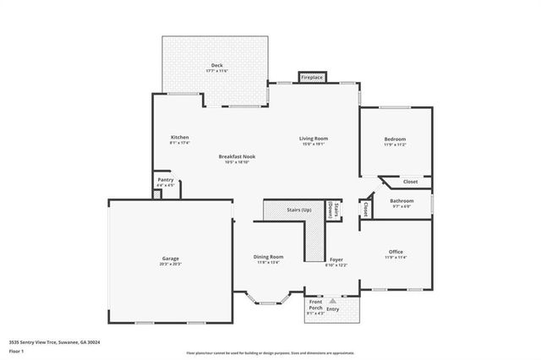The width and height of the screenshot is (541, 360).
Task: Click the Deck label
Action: pyautogui.click(x=217, y=65)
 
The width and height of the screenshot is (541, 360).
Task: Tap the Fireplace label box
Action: pyautogui.click(x=312, y=78)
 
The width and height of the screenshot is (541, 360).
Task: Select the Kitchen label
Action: pyautogui.click(x=180, y=137)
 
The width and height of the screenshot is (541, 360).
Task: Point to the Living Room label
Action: pyautogui.click(x=313, y=138)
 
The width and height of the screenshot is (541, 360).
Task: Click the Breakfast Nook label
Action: pyautogui.click(x=237, y=156)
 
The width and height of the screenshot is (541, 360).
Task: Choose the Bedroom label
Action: pyautogui.click(x=395, y=139)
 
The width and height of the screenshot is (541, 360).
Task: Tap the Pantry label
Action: pyautogui.click(x=166, y=179)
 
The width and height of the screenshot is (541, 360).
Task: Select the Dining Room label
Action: pyautogui.click(x=269, y=257)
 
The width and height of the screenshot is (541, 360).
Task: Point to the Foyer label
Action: pyautogui.click(x=336, y=259)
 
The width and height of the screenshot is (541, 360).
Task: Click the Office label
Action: pyautogui.click(x=396, y=251)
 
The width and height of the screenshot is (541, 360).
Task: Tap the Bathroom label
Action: pyautogui.click(x=402, y=200)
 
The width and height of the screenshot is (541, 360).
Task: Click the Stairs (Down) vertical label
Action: pyautogui.click(x=336, y=210)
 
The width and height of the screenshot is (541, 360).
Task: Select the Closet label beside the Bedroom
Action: pyautogui.click(x=410, y=182)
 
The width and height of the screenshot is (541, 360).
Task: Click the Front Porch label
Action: pyautogui.click(x=315, y=305)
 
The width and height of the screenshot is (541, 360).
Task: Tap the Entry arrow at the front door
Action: pyautogui.click(x=332, y=300)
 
